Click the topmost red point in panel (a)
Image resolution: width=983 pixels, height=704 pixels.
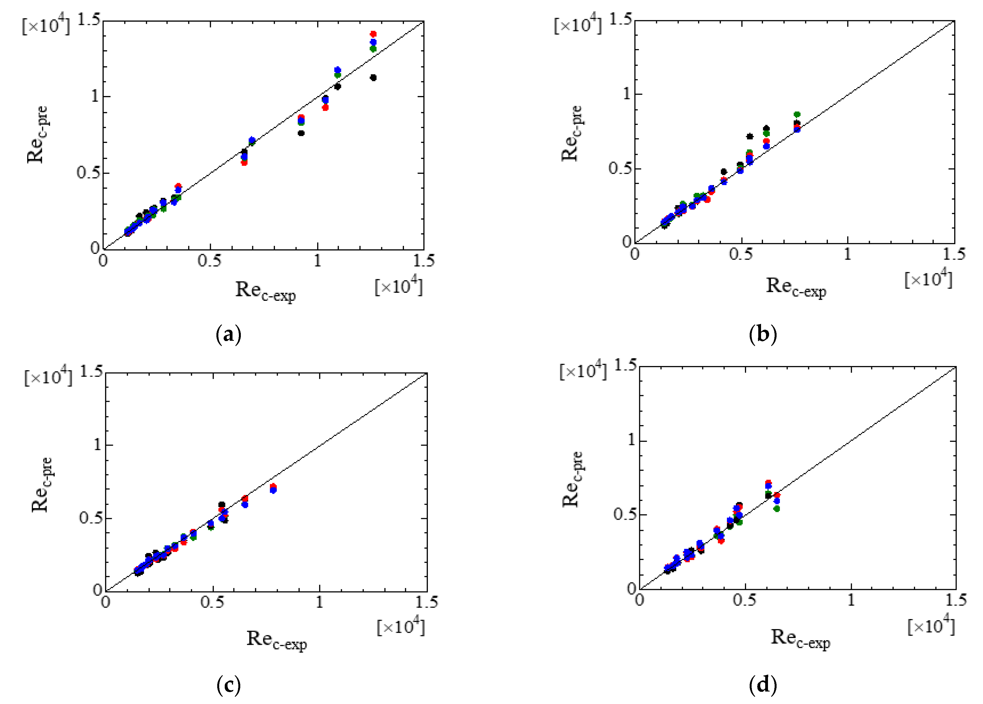[x=373, y=34]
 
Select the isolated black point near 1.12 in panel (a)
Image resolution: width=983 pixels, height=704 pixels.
[x=373, y=78]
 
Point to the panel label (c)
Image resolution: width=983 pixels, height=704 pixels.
[x=228, y=685]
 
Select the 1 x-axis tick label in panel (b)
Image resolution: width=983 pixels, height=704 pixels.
[x=847, y=254]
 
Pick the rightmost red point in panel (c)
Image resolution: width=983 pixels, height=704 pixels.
[x=273, y=486]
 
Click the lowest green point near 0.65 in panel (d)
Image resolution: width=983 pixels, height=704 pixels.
[x=777, y=508]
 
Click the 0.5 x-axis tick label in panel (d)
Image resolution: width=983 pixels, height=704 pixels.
[x=745, y=600]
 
